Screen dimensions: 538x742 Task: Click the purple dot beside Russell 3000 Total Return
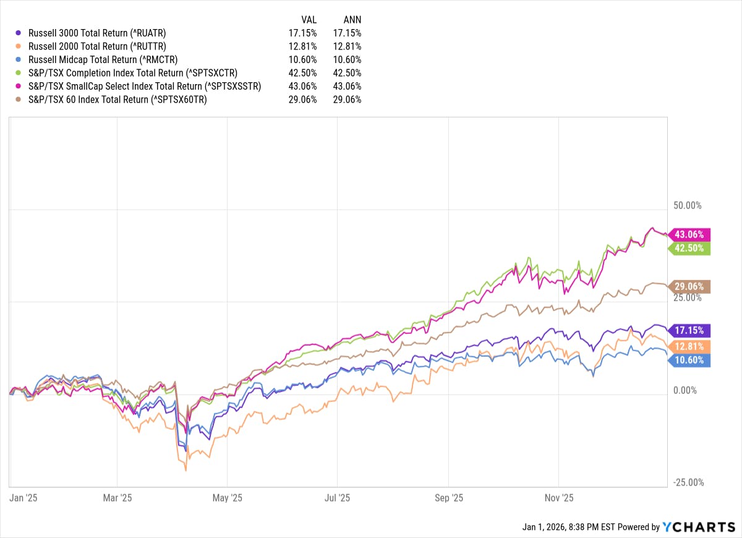coord(19,33)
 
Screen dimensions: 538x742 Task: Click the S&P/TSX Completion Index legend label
coord(133,73)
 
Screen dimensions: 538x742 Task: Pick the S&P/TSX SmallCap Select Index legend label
coord(145,86)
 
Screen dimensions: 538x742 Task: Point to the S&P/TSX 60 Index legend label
coord(117,100)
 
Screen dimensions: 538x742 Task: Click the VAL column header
coord(308,19)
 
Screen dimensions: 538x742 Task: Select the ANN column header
coord(352,19)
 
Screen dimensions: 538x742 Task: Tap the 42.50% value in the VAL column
coord(303,73)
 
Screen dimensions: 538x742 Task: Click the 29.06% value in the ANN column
coord(348,100)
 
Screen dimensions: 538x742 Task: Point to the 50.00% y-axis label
coord(686,205)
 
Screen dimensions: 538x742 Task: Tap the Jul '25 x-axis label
coord(338,498)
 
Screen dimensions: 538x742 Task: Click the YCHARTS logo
coord(698,527)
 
